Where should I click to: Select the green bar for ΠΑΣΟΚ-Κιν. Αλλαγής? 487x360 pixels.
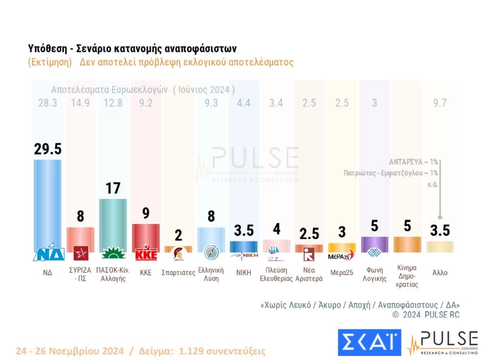point(113,222)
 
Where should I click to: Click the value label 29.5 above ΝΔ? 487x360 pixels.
point(48,149)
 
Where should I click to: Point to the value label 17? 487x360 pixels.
point(113,188)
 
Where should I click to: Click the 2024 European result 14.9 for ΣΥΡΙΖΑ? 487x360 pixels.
point(80,103)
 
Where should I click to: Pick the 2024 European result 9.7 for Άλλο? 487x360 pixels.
point(439,103)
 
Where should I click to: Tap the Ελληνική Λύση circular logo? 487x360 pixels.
point(211,253)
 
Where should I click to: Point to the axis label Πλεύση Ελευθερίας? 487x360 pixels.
point(276,275)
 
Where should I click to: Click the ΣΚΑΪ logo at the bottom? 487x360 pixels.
point(369,343)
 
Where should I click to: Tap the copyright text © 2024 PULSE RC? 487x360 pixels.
point(426,315)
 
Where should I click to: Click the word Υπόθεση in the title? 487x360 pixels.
point(48,49)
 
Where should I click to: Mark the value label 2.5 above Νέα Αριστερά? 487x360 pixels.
point(309,234)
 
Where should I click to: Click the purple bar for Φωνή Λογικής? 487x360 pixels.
point(374,244)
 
